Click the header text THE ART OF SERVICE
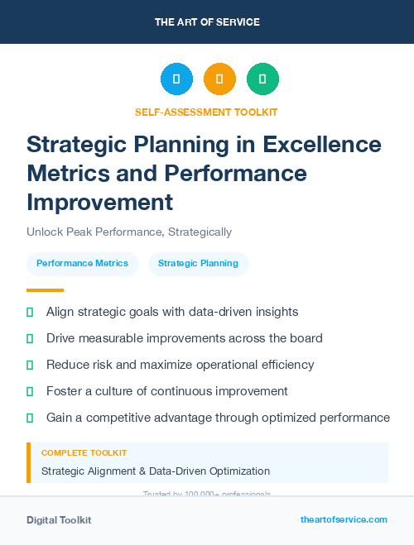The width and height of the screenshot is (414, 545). (x=207, y=22)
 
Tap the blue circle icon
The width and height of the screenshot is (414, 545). (x=176, y=79)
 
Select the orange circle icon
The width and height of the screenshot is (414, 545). (x=219, y=79)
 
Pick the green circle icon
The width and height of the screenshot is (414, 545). (x=262, y=79)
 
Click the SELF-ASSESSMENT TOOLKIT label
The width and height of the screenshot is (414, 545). (x=206, y=112)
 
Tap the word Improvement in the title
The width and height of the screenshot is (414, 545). (x=100, y=203)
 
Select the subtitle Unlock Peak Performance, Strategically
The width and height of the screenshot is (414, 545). (x=129, y=232)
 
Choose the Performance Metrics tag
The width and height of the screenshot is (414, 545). (x=83, y=264)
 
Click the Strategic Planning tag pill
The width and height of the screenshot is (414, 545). (x=198, y=264)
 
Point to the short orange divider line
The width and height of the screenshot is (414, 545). (x=45, y=290)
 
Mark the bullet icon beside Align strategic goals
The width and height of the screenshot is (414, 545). (x=31, y=313)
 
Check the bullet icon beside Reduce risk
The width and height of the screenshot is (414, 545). (x=31, y=365)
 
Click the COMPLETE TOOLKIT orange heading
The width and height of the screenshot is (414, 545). (x=84, y=453)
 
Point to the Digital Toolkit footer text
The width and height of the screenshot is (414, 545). (x=59, y=520)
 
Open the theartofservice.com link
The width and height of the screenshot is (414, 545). (x=344, y=520)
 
